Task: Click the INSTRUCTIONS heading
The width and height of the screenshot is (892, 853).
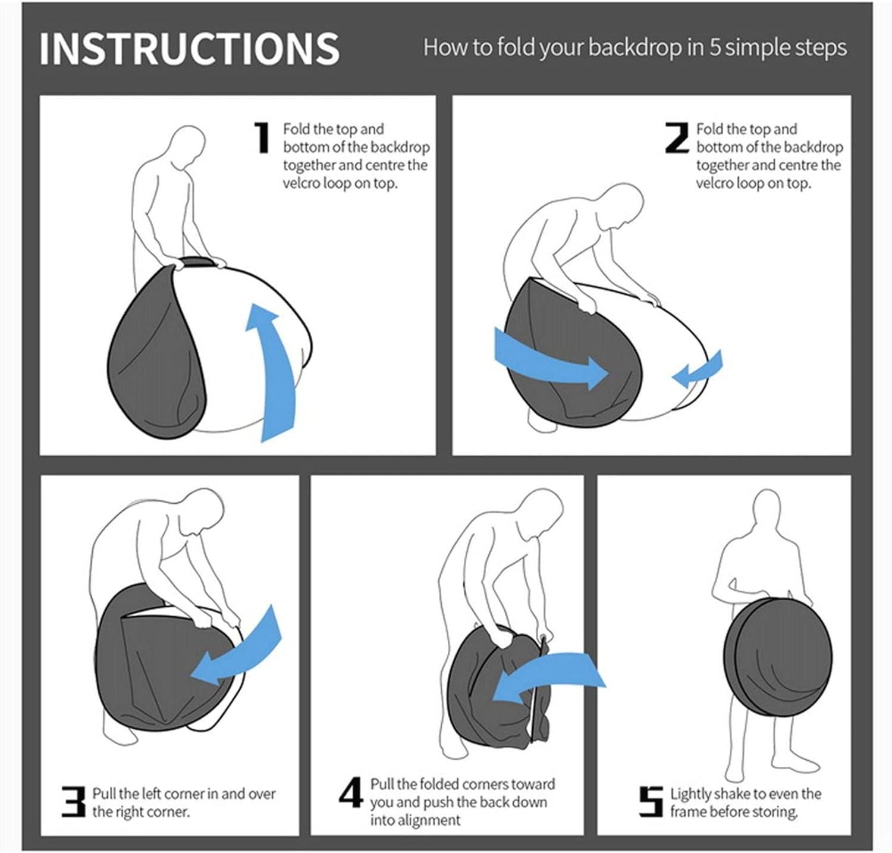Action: (x=189, y=49)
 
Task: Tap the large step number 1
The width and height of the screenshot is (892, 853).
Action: (x=262, y=138)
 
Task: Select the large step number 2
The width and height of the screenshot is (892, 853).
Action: (x=677, y=138)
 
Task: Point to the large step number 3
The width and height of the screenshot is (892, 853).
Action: (x=74, y=801)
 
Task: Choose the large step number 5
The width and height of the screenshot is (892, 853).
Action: (x=651, y=801)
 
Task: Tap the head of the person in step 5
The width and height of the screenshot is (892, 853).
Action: (x=768, y=512)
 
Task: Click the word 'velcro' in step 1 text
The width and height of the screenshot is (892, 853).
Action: (x=301, y=183)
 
